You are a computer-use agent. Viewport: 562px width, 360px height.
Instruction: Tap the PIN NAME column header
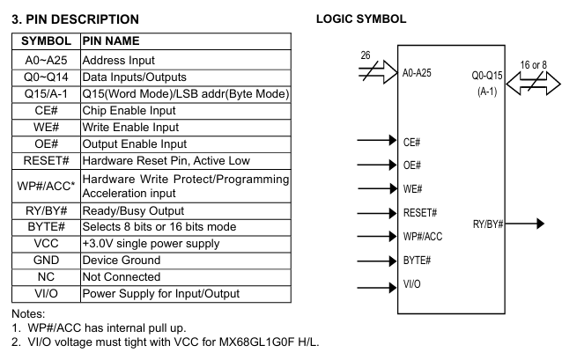(111, 40)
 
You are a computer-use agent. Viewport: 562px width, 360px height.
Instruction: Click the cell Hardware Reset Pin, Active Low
(165, 161)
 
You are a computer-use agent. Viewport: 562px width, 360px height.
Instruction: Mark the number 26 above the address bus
(366, 55)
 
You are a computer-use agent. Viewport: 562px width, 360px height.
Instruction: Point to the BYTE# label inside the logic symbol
(417, 261)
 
